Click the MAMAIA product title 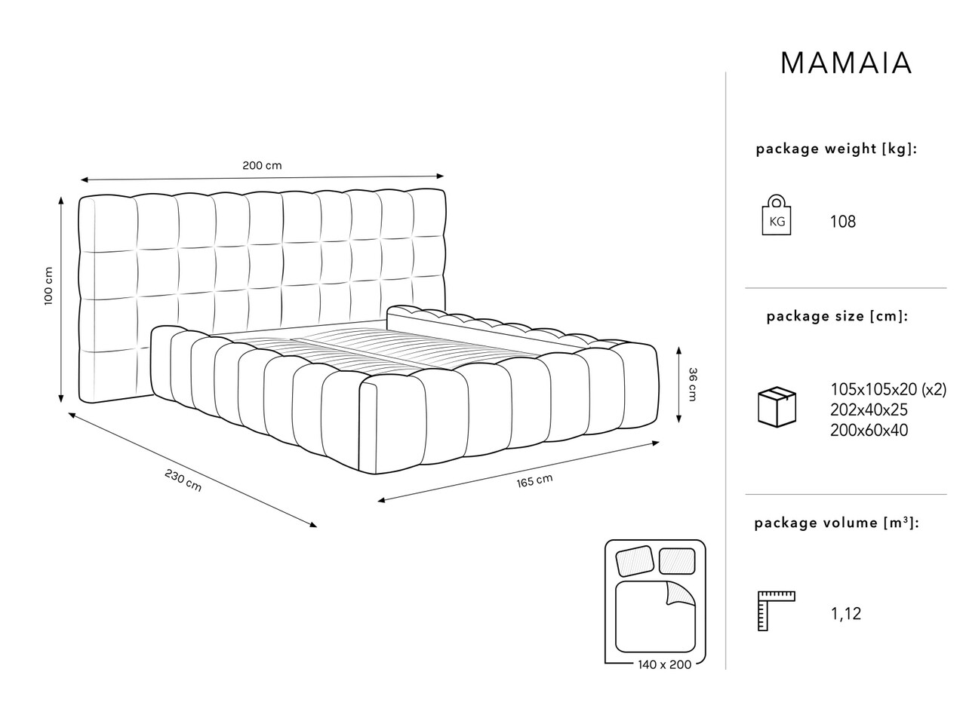[845, 63]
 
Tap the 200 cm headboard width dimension [262, 166]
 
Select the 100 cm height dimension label [48, 286]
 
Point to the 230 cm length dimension [183, 480]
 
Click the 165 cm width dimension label [534, 481]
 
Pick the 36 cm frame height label [692, 384]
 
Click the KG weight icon [777, 215]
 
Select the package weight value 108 [843, 222]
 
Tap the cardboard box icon [777, 406]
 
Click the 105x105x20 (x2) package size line [888, 389]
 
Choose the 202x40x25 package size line [869, 410]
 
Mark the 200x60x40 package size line [869, 431]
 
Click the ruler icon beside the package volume [776, 611]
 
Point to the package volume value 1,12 [846, 614]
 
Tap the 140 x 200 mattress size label [665, 664]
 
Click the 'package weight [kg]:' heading [837, 149]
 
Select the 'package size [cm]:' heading [837, 317]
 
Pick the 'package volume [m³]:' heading [837, 523]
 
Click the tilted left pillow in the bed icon [635, 561]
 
